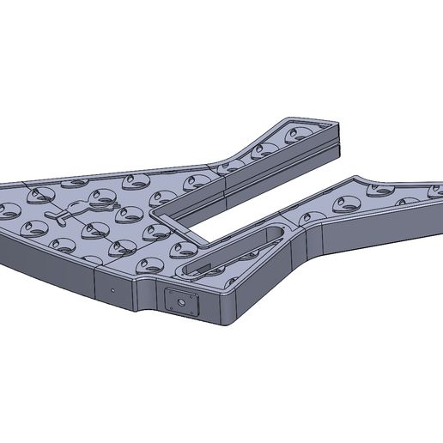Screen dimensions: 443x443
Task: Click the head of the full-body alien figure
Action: (x=103, y=198)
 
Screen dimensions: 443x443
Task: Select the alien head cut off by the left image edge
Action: (x=4, y=209)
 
